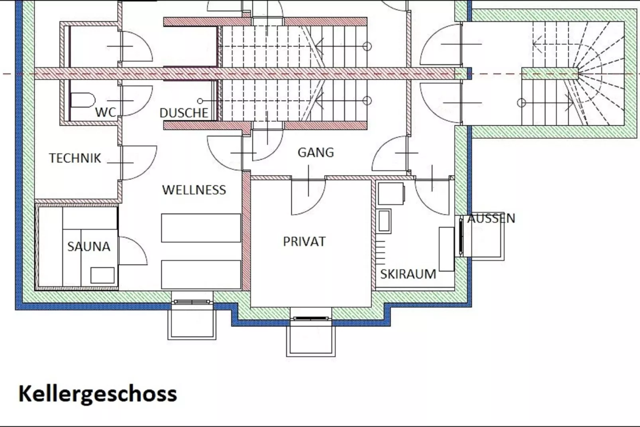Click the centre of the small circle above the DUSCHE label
(x=200, y=101)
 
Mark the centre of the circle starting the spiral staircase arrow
(x=521, y=103)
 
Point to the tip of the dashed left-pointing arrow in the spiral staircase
(x=533, y=44)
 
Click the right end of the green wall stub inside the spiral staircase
(x=579, y=73)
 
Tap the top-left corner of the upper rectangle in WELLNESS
(x=161, y=214)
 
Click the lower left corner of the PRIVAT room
(x=251, y=307)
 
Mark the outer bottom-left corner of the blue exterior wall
(x=16, y=310)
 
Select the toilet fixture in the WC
(x=82, y=100)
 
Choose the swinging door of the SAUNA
(x=133, y=251)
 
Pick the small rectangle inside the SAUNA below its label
(x=102, y=275)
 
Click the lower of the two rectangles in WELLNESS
(x=201, y=275)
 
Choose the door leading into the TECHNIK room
(x=139, y=163)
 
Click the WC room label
(x=106, y=112)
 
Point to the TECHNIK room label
(x=75, y=158)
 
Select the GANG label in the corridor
(x=316, y=152)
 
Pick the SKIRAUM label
(x=408, y=274)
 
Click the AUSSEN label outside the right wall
(x=491, y=218)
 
